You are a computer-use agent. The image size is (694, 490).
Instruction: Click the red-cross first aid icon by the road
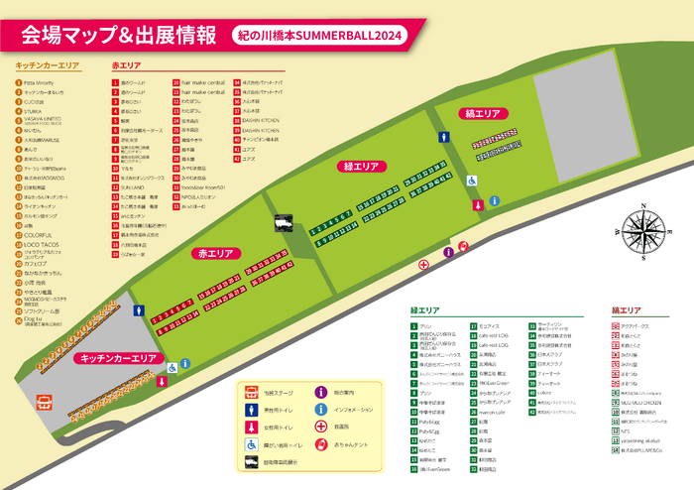point(423,264)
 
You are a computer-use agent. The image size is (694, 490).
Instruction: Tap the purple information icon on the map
point(448,253)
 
